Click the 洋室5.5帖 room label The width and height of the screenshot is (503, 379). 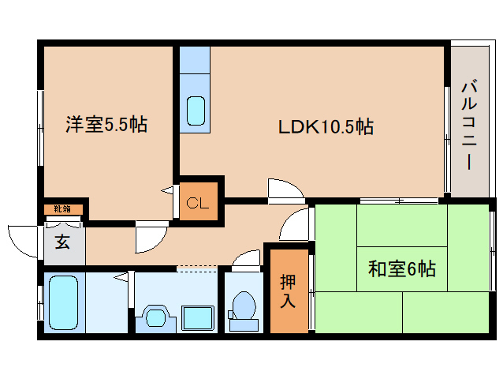[x=106, y=124]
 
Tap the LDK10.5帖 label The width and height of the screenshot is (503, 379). [x=324, y=126]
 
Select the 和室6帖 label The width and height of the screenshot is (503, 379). [x=401, y=269]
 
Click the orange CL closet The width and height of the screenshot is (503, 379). [x=197, y=201]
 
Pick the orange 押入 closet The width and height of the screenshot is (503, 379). [x=288, y=291]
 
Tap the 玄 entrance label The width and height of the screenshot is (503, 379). [x=62, y=242]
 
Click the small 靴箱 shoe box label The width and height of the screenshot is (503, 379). [x=63, y=209]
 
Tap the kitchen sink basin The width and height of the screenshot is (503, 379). [x=196, y=111]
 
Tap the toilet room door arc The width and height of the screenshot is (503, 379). [x=247, y=260]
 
